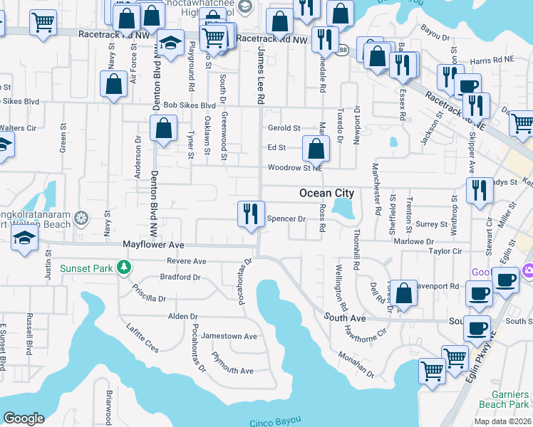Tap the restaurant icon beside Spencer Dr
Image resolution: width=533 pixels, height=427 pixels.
coord(249,214)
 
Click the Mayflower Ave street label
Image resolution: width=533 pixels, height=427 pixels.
coord(153,245)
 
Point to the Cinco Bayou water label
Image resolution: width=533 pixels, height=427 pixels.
coord(276,421)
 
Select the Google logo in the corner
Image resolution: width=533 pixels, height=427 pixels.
coord(24,418)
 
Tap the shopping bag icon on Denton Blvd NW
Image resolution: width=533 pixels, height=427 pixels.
coord(163,130)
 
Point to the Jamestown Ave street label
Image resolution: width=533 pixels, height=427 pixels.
coord(229,336)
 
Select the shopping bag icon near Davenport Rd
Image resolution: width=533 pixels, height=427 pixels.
coord(403,294)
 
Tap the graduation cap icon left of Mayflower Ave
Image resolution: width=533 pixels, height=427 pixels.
coord(25,238)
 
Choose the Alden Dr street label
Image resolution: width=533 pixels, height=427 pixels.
coord(182,316)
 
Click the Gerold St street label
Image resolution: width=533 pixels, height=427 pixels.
coord(284,128)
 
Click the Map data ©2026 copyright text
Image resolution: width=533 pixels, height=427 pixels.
coord(502,421)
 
